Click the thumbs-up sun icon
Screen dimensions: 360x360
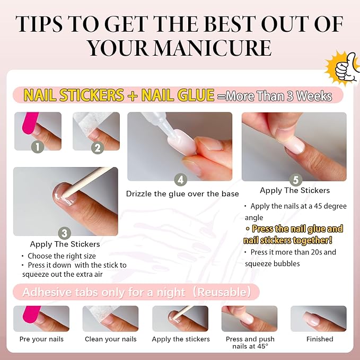343,67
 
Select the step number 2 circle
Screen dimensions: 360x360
96,148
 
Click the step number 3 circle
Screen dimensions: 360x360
65,232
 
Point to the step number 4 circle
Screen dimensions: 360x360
180,180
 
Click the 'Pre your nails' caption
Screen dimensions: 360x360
41,339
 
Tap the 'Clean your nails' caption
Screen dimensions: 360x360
110,339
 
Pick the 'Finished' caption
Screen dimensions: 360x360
319,339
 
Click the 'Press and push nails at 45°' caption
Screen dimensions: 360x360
249,343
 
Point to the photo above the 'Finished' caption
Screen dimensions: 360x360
318,319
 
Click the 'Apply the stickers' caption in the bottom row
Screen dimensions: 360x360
180,339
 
